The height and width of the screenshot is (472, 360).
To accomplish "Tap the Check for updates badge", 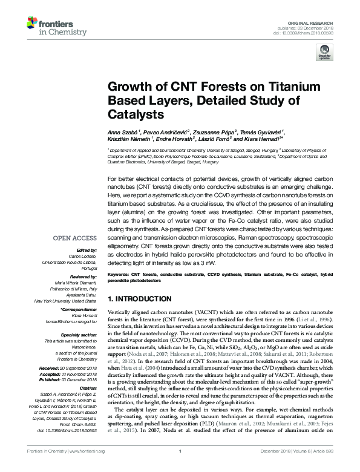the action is click(x=324, y=54).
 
